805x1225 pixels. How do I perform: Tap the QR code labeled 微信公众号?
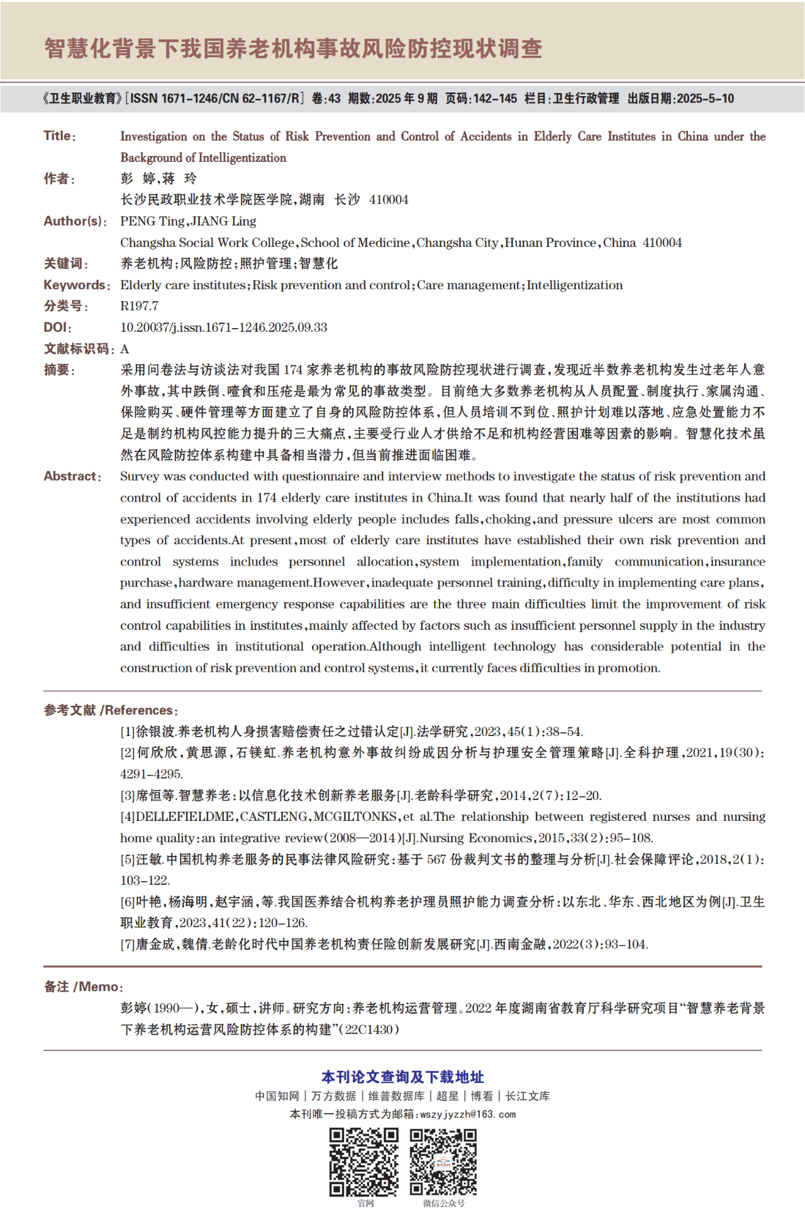443,1162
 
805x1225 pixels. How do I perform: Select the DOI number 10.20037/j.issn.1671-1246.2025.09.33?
224,327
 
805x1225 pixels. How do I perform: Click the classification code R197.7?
139,306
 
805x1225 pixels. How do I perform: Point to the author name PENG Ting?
152,221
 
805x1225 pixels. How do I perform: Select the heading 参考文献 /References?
111,710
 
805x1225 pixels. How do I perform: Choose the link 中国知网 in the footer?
277,1096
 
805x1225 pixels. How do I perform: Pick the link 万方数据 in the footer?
333,1096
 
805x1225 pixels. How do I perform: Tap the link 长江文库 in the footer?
528,1096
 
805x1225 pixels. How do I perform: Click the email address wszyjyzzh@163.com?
468,1114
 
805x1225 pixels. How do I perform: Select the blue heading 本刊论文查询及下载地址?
402,1077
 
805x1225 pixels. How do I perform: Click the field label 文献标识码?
79,349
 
